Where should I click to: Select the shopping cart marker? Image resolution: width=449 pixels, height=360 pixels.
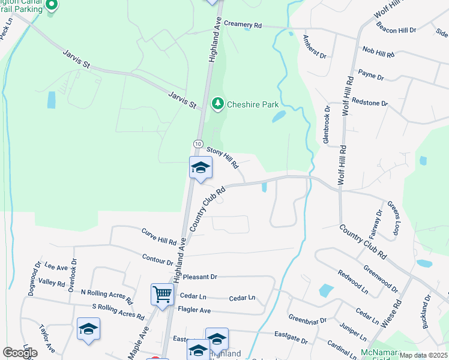(x=162, y=295)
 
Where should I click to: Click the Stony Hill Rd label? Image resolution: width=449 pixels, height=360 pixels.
(x=223, y=157)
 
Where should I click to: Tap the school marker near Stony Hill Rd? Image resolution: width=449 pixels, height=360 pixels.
(x=200, y=168)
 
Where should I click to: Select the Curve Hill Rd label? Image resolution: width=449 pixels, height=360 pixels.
(x=159, y=237)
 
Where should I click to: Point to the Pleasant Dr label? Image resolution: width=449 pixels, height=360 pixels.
(x=200, y=277)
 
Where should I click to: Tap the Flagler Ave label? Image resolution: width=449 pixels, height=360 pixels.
(x=194, y=310)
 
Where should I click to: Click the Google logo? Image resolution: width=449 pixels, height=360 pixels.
(x=20, y=352)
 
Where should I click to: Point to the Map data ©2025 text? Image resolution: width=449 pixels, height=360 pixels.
(x=424, y=355)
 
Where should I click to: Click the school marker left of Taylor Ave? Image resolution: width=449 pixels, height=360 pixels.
(x=88, y=329)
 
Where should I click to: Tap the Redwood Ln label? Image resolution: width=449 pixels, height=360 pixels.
(x=353, y=281)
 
